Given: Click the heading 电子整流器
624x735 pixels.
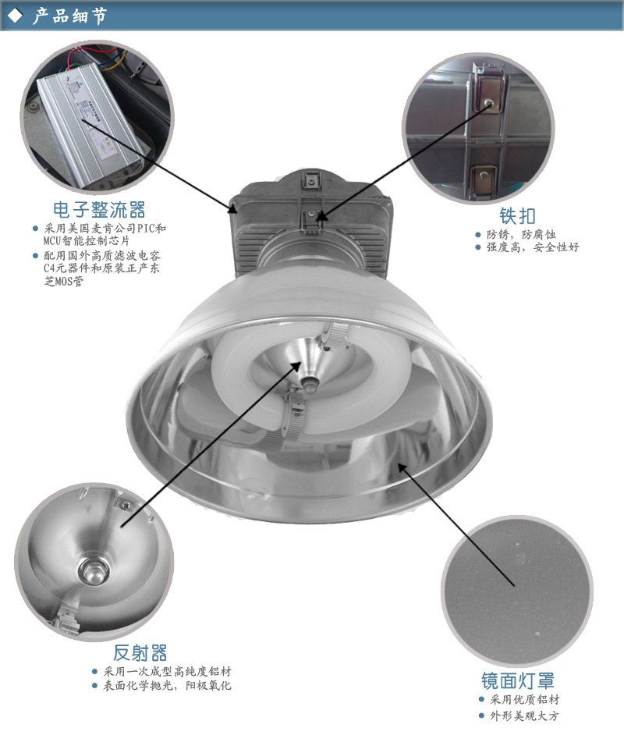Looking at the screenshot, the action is coord(99,210).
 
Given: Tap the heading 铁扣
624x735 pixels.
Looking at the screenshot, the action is coord(517,216).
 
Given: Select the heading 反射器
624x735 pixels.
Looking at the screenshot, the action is coord(140,652).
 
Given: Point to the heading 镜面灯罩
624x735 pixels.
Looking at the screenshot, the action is coord(518,680).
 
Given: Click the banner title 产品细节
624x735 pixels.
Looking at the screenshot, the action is coord(69,16).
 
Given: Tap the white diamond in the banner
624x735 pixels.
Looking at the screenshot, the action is coord(16,16).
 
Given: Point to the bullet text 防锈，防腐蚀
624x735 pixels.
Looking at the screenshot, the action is coord(521,234).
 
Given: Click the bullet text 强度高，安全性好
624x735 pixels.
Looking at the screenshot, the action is coord(533,247).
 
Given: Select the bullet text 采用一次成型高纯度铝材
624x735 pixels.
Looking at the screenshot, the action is coord(167,671).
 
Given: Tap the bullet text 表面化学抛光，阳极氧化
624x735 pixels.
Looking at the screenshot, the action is coord(167,685).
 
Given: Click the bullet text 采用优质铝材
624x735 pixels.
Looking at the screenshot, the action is coord(525,700).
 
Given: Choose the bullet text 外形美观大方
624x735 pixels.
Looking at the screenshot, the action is coord(525,715).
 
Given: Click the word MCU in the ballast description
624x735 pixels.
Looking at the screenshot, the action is coord(52,241).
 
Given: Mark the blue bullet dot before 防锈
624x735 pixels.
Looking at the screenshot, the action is coord(478,234).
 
